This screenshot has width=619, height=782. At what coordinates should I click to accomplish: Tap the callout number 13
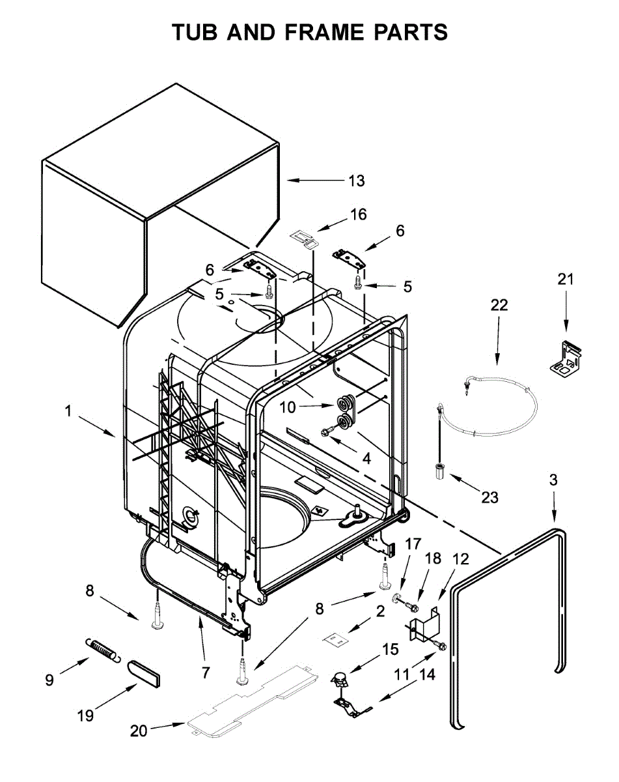click(356, 181)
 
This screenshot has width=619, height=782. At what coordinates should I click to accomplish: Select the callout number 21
click(566, 280)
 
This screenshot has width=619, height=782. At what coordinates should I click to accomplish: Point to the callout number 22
click(499, 305)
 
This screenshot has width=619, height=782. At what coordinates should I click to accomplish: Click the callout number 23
click(489, 498)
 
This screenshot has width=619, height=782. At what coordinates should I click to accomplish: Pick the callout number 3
click(553, 480)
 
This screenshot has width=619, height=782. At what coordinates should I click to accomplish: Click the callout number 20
click(139, 731)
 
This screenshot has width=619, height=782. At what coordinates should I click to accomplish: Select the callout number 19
click(85, 715)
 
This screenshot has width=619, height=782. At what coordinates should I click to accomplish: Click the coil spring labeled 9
click(102, 649)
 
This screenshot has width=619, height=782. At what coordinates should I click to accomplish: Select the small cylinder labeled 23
click(439, 471)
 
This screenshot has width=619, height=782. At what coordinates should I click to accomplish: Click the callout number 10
click(287, 407)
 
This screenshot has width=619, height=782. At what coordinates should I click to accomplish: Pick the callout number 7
click(206, 672)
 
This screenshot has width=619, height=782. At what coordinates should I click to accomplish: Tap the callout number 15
click(390, 649)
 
